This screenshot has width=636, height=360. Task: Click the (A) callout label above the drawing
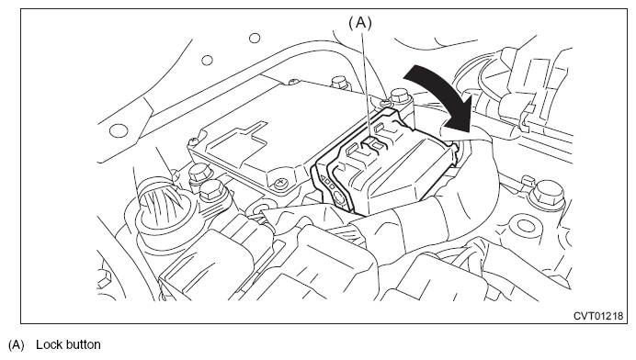pos(360,23)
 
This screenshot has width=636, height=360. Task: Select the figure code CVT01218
pos(598,316)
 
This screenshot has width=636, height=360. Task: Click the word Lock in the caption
pos(49,344)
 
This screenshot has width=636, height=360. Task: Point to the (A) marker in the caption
pos(17,345)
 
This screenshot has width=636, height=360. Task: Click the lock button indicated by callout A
pos(372,142)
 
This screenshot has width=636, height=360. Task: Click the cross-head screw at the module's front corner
pos(280,184)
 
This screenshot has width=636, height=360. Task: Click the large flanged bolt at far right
pos(549,194)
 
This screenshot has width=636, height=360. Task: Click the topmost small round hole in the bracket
pos(255,38)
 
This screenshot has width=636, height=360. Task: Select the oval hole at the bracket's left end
pos(119,130)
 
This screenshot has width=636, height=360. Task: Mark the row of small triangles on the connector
pos(328,183)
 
